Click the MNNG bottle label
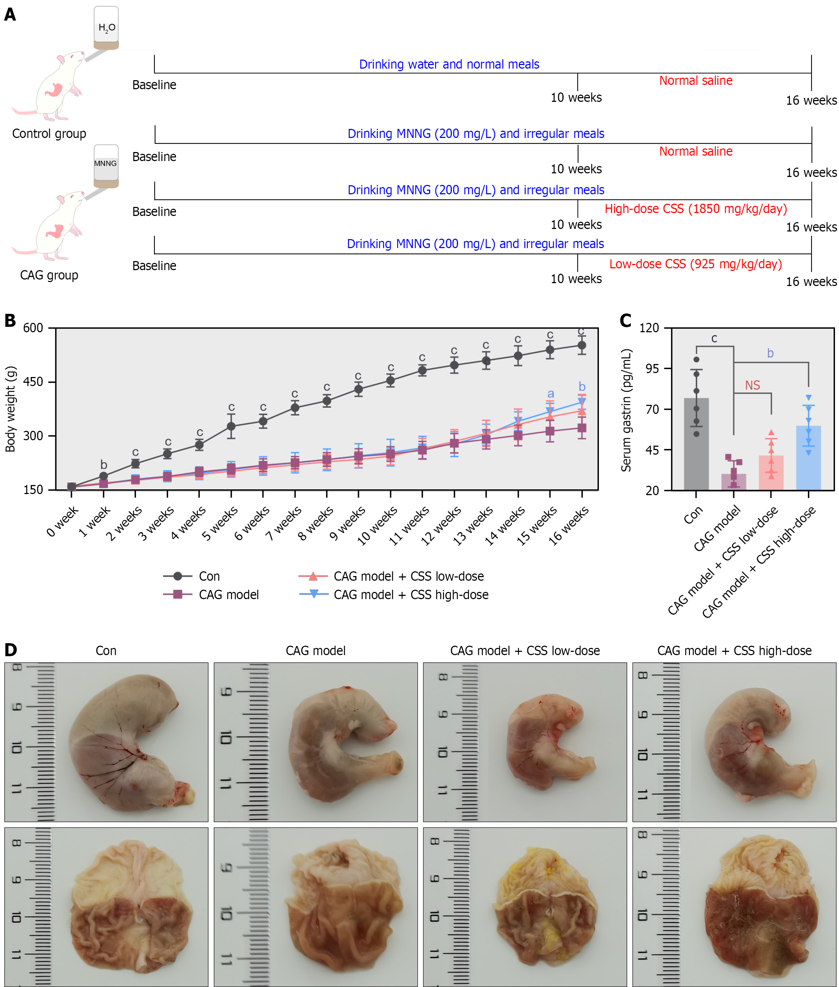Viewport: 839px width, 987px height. tap(105, 164)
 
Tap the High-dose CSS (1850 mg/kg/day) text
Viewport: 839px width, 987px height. tap(695, 209)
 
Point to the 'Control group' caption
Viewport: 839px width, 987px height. tap(49, 134)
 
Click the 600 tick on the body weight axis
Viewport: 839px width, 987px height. tap(33, 328)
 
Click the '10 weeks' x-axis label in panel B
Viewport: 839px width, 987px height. tap(377, 525)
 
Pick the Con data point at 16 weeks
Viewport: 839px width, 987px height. tap(582, 346)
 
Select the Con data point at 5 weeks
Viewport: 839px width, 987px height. tap(231, 426)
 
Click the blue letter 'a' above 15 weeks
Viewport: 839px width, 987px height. tap(550, 394)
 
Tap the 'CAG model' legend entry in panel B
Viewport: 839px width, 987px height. tap(228, 594)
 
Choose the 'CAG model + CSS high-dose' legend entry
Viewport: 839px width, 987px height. tap(411, 594)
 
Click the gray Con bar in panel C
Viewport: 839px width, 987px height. tap(696, 444)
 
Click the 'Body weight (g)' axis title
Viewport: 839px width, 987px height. tap(10, 409)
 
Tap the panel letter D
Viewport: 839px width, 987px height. tap(10, 650)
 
